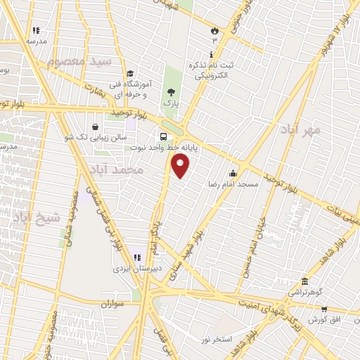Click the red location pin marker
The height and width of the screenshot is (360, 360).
(181, 167)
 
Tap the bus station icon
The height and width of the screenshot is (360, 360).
(163, 137)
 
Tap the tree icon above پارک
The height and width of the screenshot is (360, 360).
(171, 92)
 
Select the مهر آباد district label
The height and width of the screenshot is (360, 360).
(304, 131)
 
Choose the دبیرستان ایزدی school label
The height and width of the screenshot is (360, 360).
(136, 269)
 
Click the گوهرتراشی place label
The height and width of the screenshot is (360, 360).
(304, 290)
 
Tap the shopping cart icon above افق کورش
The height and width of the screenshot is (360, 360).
(324, 309)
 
